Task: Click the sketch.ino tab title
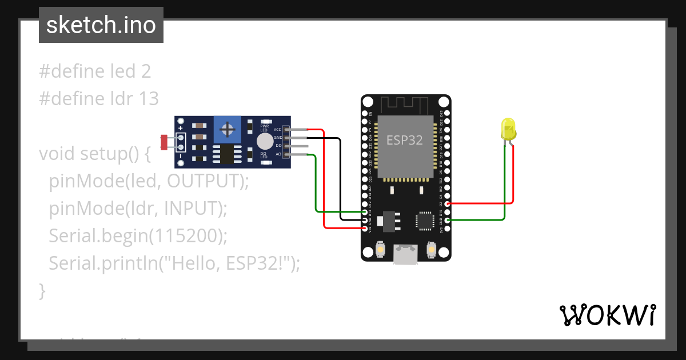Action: (101, 25)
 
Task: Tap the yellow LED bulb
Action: (508, 129)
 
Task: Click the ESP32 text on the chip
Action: (404, 140)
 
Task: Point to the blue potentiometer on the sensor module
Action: (228, 130)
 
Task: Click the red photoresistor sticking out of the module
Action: (164, 142)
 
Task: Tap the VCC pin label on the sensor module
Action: (278, 130)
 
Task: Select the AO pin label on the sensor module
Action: (278, 154)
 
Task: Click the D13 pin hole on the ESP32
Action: (366, 211)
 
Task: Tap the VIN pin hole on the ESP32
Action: (366, 228)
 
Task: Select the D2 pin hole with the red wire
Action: (447, 203)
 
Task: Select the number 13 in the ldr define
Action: (148, 99)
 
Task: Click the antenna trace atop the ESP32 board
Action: (405, 105)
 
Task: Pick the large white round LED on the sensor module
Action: (264, 141)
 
